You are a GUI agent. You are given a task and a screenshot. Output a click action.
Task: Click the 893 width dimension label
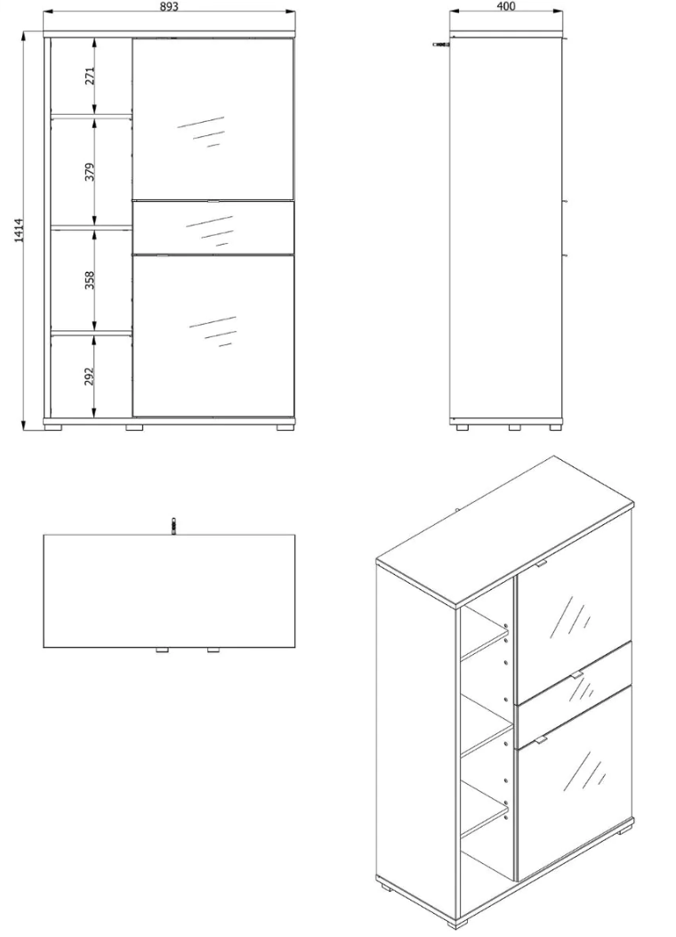coord(169,6)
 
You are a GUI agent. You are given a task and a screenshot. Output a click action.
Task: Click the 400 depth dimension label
coord(505,6)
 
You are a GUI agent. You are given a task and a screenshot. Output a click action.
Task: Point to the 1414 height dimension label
coord(19,230)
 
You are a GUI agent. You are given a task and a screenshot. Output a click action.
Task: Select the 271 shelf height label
coord(90,77)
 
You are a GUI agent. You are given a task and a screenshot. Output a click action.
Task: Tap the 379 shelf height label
coord(90,172)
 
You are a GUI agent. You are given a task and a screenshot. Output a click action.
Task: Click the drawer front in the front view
coord(213,228)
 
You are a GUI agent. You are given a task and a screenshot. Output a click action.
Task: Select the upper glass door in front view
coord(213,119)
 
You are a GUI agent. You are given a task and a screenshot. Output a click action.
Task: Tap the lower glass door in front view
coord(213,335)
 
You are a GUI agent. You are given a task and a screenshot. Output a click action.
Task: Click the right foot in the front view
coord(286,428)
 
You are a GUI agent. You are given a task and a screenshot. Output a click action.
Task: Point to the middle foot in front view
coord(135,428)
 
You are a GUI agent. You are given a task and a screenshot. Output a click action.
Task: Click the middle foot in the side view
coord(515,428)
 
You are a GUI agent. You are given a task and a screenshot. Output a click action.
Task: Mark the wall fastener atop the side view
coord(442,44)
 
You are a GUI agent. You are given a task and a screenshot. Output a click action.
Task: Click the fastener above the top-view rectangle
coord(173,526)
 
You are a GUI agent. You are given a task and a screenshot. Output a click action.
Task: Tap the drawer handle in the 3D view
coord(576,674)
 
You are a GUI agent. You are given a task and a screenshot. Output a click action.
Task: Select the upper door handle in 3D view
coord(541,563)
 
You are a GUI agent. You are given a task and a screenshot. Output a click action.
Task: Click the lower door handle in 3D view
coord(541,739)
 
